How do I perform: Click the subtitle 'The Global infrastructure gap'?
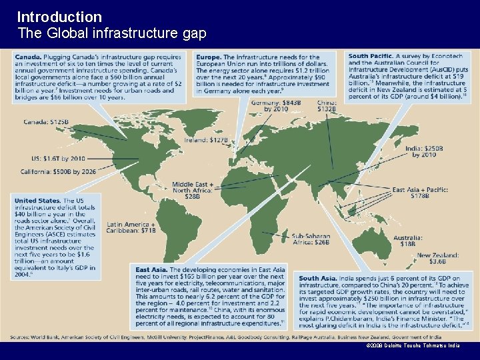[111, 33]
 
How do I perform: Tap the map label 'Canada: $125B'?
[46, 121]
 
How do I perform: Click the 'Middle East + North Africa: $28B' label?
[193, 190]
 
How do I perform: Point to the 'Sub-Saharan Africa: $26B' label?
[310, 238]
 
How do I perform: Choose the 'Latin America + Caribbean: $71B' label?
[131, 227]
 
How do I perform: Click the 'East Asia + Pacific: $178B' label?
[420, 193]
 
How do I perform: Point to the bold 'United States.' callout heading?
[37, 200]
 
